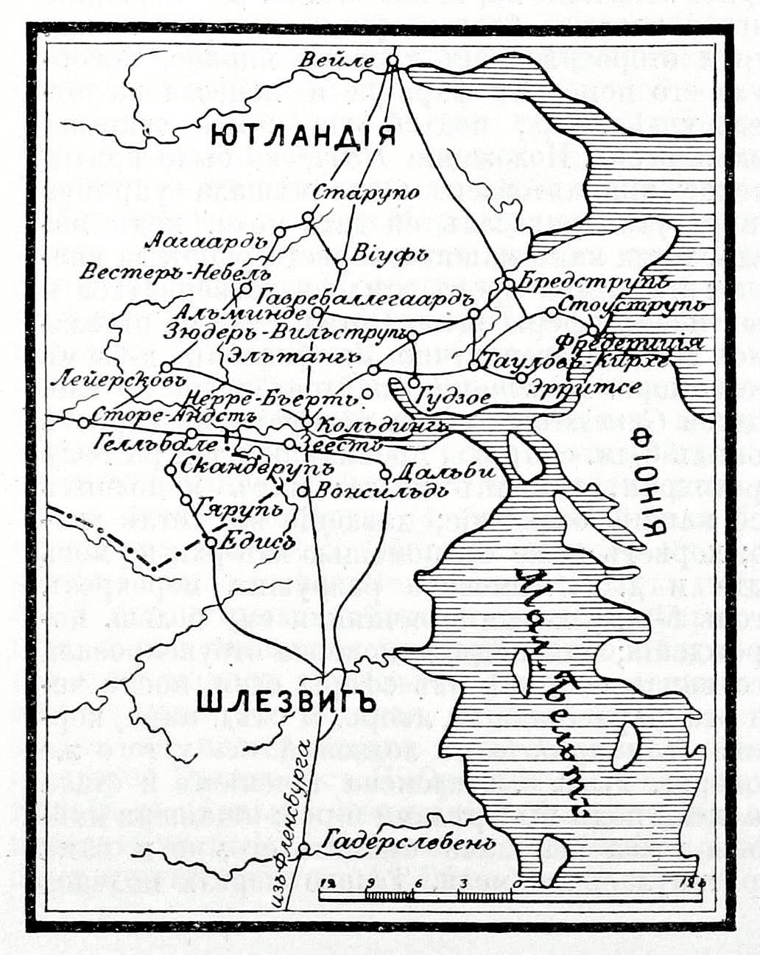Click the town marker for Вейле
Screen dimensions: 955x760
pos(393,62)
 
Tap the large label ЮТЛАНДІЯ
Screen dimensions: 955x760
pos(303,135)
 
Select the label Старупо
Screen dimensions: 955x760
pos(366,193)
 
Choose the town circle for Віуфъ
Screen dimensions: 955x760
pos(342,263)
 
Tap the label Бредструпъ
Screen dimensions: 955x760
pos(594,281)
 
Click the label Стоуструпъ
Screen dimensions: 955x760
pos(632,305)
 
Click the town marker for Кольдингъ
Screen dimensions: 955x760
pos(308,422)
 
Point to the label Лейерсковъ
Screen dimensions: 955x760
pos(116,381)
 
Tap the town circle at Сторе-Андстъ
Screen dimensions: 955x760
pos(84,422)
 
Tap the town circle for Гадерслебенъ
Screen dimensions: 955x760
pos(302,850)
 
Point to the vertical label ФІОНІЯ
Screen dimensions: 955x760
pos(651,487)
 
